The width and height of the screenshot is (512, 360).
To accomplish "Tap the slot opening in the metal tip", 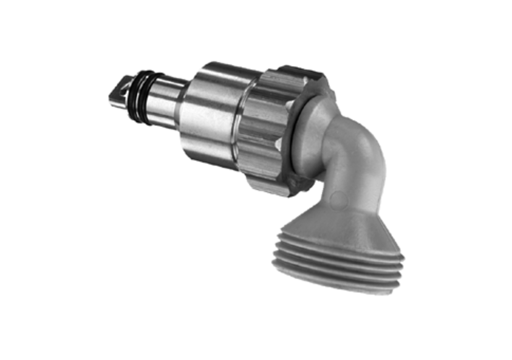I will (x=123, y=86).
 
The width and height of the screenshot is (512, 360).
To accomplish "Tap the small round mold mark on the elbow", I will (x=336, y=199).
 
